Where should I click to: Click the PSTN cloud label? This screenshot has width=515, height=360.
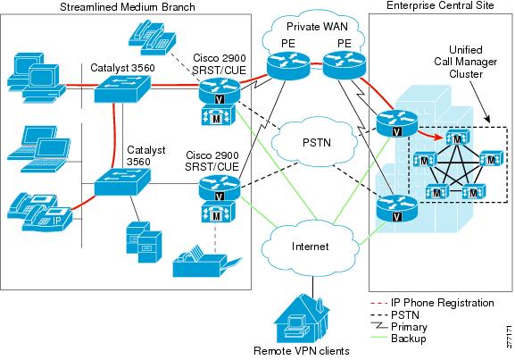click(x=317, y=143)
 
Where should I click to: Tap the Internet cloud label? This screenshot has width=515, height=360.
click(x=310, y=247)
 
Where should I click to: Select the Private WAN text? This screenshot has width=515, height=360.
click(x=317, y=26)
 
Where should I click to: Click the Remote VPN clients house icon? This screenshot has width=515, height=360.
click(x=301, y=318)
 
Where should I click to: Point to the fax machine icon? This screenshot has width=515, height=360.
click(x=207, y=261)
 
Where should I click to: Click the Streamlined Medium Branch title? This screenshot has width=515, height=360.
click(x=128, y=7)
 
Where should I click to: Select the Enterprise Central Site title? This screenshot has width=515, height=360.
click(x=440, y=5)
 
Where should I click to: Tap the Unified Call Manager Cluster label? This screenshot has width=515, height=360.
click(x=466, y=62)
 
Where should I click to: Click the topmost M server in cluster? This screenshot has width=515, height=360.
click(x=457, y=138)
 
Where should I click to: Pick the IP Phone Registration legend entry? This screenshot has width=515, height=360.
click(x=432, y=303)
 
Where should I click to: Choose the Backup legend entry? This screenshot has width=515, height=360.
click(x=398, y=339)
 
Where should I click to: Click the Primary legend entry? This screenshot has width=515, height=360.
click(x=399, y=326)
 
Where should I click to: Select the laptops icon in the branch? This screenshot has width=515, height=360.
click(x=38, y=149)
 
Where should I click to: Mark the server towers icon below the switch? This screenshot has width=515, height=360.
click(x=145, y=242)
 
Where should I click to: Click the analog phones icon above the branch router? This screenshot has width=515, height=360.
click(x=152, y=37)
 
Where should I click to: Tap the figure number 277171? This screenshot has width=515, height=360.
click(x=509, y=337)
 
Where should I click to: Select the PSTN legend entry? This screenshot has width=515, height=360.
click(x=395, y=314)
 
